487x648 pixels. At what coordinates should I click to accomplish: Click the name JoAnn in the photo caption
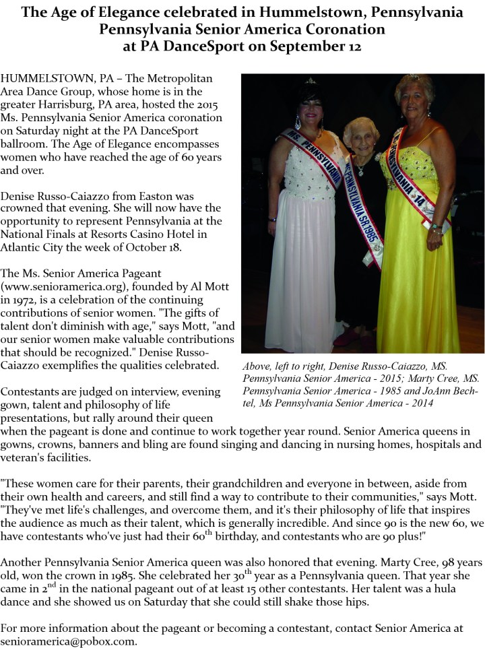[x=422, y=391]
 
